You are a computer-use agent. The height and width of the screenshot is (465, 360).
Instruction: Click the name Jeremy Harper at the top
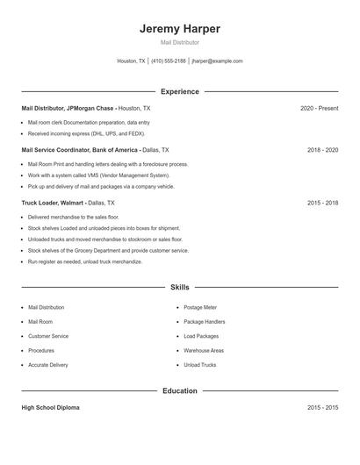(x=179, y=29)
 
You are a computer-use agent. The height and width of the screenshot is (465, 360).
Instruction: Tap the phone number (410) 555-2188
(x=169, y=61)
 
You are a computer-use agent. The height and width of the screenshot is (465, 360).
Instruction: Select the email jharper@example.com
(x=217, y=61)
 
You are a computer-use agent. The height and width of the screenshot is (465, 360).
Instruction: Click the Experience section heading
(x=179, y=91)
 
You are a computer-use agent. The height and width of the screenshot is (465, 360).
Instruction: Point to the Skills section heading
(x=179, y=287)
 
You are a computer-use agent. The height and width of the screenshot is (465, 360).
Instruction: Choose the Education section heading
(x=179, y=390)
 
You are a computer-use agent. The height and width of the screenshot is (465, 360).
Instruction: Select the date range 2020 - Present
(x=319, y=108)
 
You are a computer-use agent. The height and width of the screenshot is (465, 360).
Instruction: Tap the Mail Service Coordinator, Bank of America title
(x=80, y=150)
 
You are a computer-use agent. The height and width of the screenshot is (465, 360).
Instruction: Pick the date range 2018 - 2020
(x=322, y=150)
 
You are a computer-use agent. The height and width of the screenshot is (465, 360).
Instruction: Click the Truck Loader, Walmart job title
(x=53, y=203)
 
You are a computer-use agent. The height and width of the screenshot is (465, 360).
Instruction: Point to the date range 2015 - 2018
(x=322, y=203)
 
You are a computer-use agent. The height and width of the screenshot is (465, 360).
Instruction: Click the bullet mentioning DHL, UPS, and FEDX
(x=86, y=134)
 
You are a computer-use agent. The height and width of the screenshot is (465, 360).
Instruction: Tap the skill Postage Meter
(x=201, y=308)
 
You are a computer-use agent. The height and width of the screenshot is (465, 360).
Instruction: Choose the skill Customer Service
(x=48, y=336)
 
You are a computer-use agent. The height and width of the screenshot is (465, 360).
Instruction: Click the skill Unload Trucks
(x=199, y=365)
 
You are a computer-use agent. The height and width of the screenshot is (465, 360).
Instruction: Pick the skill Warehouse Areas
(x=204, y=351)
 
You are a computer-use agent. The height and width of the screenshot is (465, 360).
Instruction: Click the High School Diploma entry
(x=51, y=408)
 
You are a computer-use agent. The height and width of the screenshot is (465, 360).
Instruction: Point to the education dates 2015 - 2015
(x=322, y=408)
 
